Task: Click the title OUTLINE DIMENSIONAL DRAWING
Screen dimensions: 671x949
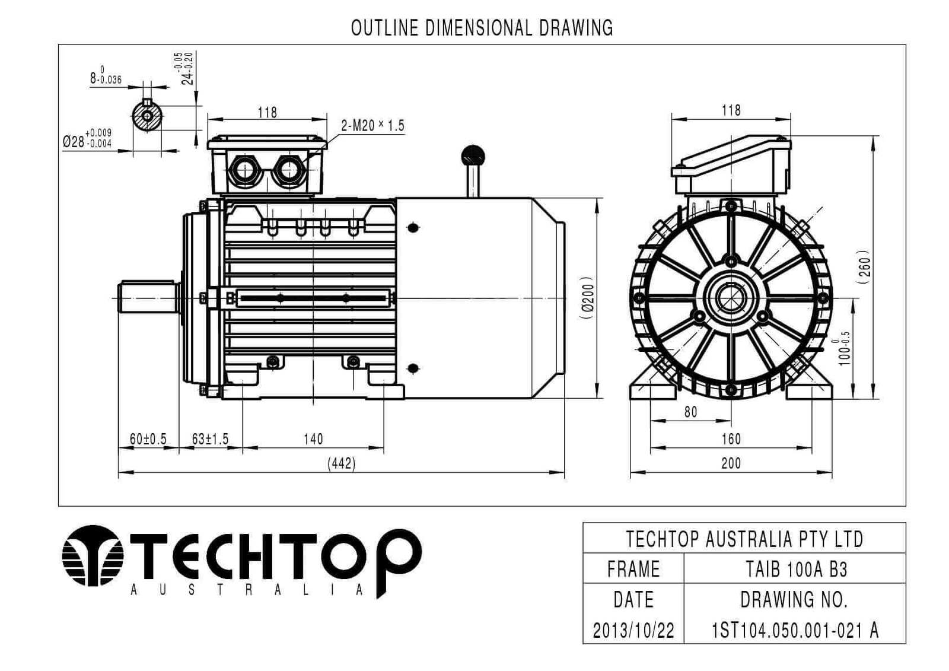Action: click(482, 27)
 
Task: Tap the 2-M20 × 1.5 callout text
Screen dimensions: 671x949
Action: click(372, 126)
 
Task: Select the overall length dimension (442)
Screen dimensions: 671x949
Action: click(342, 464)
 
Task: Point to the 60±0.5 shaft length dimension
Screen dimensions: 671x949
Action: click(148, 440)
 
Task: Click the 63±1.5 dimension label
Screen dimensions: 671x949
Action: click(210, 440)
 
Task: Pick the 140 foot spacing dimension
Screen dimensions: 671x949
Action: click(313, 440)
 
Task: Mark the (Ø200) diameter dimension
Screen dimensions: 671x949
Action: click(587, 298)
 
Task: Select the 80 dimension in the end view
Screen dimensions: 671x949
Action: click(690, 412)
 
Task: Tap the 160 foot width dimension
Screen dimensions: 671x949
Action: click(731, 440)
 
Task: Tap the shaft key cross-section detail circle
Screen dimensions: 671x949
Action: click(147, 116)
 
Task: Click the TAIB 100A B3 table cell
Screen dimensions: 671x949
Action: click(795, 570)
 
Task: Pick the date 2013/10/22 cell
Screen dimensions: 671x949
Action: click(633, 630)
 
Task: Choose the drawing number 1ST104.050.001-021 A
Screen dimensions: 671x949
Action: click(795, 630)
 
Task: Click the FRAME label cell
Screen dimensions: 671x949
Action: click(633, 570)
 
